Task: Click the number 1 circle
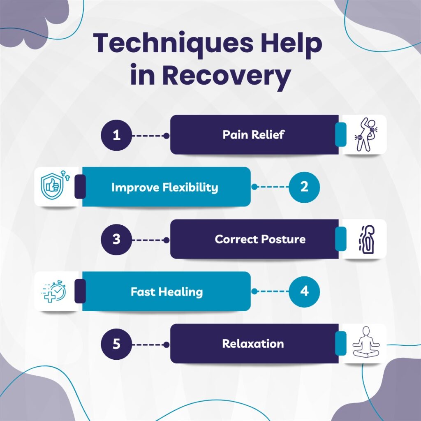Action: click(117, 135)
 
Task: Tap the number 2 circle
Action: click(304, 187)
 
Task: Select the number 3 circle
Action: click(117, 239)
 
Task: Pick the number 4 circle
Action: click(304, 291)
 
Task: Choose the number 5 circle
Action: click(117, 344)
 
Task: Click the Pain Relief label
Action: click(253, 135)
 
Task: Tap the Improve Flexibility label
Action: click(164, 187)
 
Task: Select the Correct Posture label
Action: click(260, 239)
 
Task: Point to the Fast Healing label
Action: click(167, 292)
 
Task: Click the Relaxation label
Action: click(253, 344)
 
